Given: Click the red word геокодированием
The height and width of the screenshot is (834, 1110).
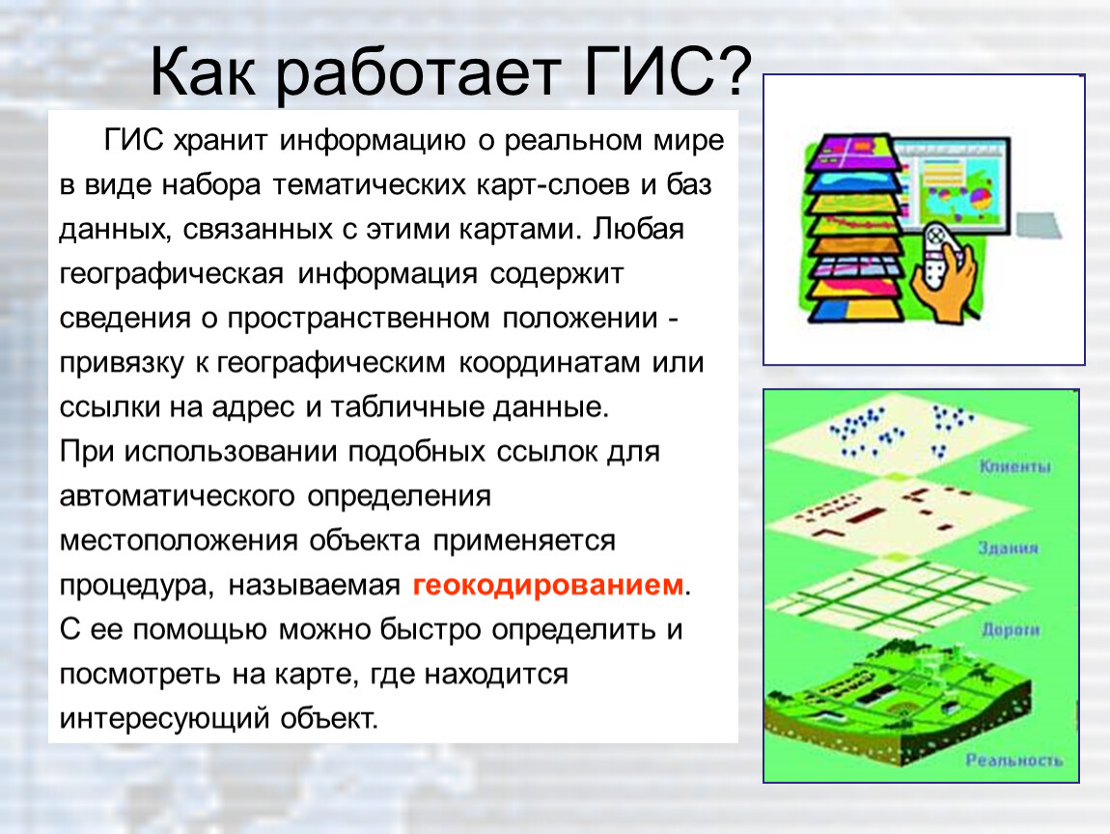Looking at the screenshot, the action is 548,586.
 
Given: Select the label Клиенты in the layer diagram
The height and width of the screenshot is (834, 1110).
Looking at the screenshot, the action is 1015,466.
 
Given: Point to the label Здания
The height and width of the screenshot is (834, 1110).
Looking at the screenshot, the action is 1008,547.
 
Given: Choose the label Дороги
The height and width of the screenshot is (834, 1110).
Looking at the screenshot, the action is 1011,629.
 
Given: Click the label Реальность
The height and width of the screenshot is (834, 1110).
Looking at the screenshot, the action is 1014,760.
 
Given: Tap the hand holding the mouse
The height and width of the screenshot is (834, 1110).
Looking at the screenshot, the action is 945,272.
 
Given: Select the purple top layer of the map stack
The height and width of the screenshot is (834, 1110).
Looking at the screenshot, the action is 855,153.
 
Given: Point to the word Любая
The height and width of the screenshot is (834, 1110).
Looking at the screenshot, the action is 639,230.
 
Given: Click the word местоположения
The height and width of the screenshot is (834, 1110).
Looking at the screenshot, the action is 179,541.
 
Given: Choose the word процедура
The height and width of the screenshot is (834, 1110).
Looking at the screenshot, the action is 136,586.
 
